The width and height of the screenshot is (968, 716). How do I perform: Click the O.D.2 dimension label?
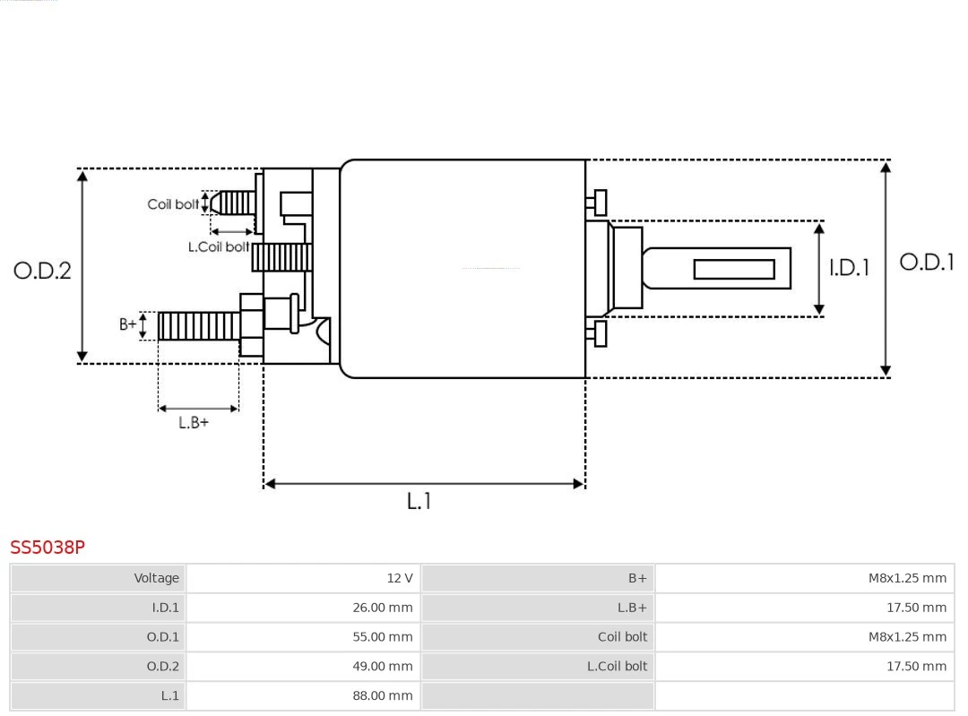[42, 270]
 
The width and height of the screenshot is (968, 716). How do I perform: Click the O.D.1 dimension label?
[927, 262]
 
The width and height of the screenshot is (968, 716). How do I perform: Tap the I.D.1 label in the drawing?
[848, 267]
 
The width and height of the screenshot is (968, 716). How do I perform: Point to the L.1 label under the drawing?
[419, 501]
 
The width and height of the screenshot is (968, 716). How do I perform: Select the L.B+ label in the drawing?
[193, 422]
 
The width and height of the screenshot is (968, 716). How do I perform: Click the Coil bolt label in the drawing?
[173, 204]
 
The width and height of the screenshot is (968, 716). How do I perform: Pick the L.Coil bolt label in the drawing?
[218, 246]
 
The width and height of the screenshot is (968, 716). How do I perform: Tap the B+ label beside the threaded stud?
[128, 324]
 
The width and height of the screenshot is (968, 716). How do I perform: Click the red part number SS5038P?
[48, 547]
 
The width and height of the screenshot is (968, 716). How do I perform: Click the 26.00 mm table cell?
[382, 608]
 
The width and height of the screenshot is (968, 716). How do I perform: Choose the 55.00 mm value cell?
[382, 637]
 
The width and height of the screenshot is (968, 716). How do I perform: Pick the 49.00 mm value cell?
[382, 666]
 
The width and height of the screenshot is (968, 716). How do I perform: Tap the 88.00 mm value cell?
[382, 695]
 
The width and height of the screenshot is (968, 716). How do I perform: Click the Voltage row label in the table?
[157, 578]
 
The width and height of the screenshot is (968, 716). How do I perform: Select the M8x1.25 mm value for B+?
[906, 578]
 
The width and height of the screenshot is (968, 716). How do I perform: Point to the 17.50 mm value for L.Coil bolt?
[916, 666]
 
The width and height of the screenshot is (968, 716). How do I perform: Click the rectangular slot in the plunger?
[734, 269]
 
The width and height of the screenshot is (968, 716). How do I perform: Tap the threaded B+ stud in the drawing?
[198, 326]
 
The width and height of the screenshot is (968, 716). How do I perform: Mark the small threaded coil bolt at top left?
[236, 203]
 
